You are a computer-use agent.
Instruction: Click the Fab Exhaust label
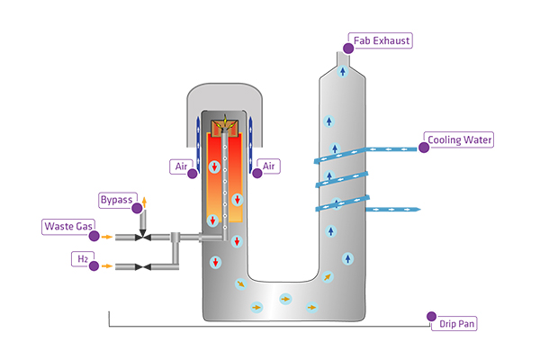[x=382, y=41]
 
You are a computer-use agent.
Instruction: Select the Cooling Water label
[x=461, y=141]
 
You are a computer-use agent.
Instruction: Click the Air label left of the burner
[x=180, y=166]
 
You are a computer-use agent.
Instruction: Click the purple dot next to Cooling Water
[x=424, y=148]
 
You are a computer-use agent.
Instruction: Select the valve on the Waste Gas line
[x=142, y=238]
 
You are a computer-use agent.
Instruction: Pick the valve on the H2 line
[x=142, y=267]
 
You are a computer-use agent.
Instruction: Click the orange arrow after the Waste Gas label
[x=108, y=237]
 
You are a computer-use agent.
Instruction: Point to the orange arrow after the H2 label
[x=108, y=267]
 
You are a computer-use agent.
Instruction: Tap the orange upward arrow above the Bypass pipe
[x=142, y=201]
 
